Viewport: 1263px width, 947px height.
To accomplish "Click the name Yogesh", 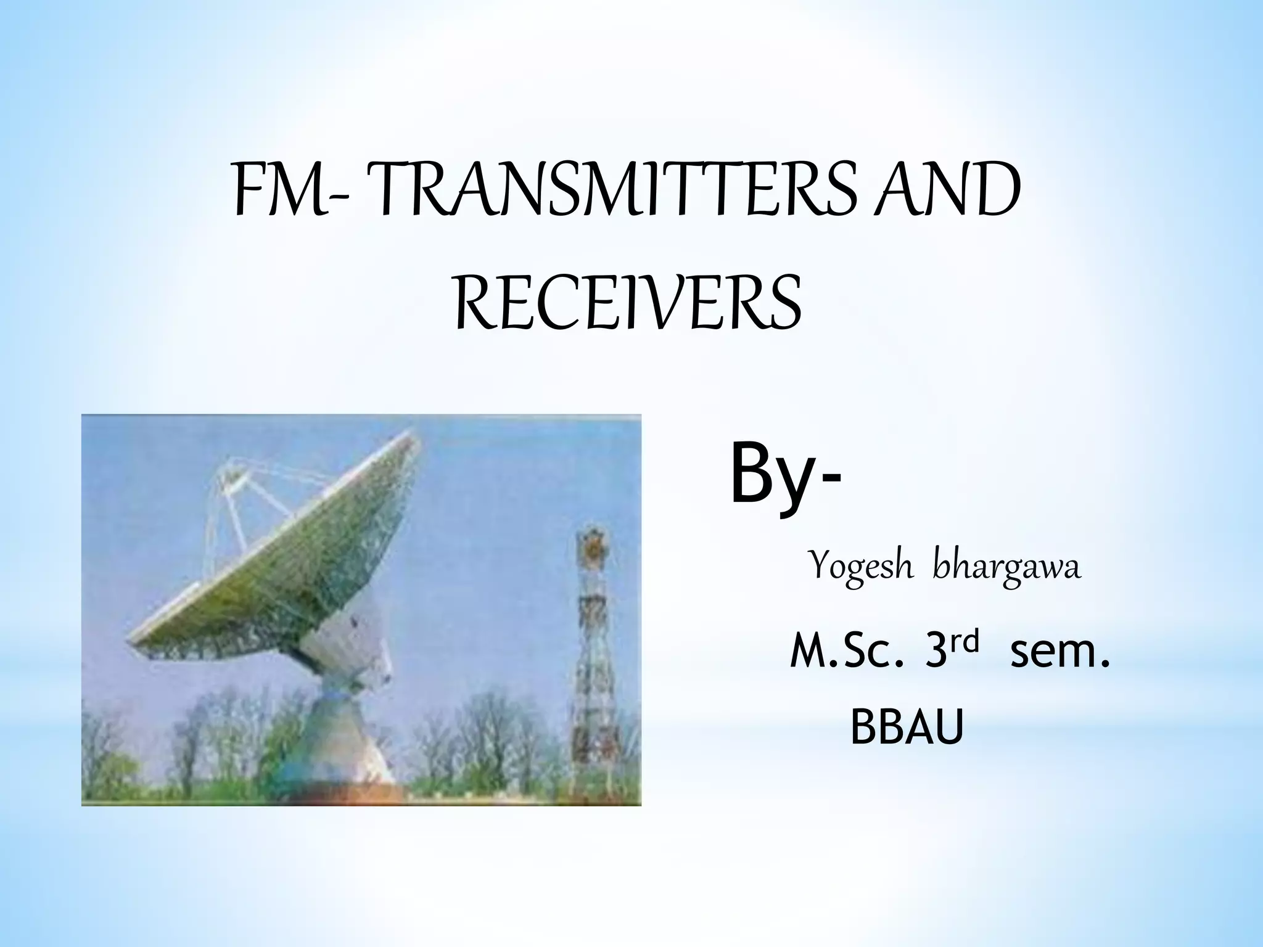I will [861, 566].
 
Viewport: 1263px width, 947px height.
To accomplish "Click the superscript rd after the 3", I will [964, 642].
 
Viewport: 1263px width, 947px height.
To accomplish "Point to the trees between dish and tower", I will [481, 740].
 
